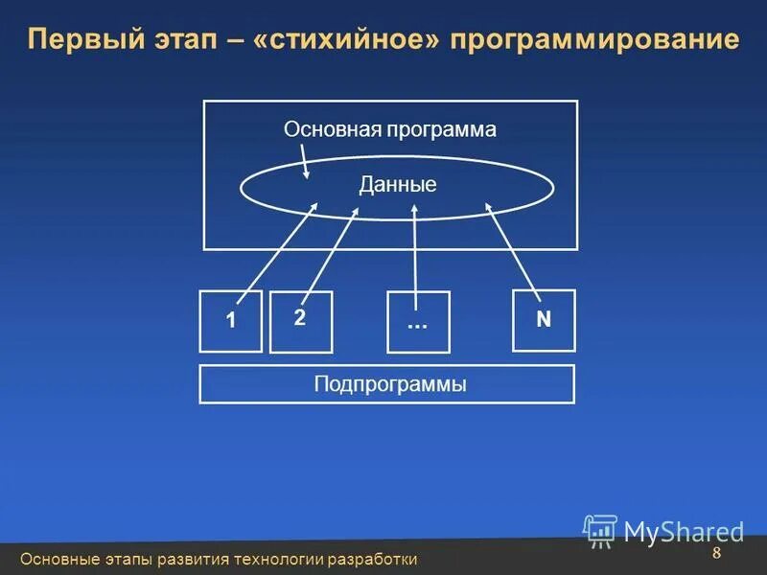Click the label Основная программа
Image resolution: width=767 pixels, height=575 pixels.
point(390,129)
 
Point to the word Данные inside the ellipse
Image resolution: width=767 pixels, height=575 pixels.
point(398,185)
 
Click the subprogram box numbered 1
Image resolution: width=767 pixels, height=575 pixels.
point(230,321)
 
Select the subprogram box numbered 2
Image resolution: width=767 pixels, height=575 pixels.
point(300,321)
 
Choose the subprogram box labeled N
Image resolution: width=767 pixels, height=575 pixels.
point(544,320)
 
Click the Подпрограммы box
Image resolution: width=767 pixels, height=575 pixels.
point(386,384)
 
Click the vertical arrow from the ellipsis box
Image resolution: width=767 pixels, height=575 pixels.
point(414,249)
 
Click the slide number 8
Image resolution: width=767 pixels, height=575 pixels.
point(716,557)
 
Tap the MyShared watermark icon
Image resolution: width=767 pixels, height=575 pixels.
point(600,530)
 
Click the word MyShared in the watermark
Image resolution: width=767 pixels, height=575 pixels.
point(684,532)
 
